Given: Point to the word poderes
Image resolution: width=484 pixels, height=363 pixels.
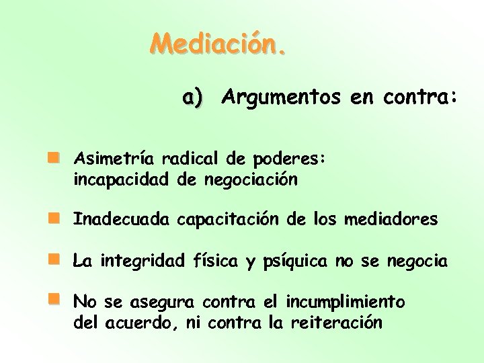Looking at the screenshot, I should click(x=290, y=159).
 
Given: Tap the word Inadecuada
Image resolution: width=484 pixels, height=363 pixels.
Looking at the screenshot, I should click(x=122, y=220).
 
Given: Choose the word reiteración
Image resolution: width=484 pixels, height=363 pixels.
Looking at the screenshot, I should click(x=336, y=323).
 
